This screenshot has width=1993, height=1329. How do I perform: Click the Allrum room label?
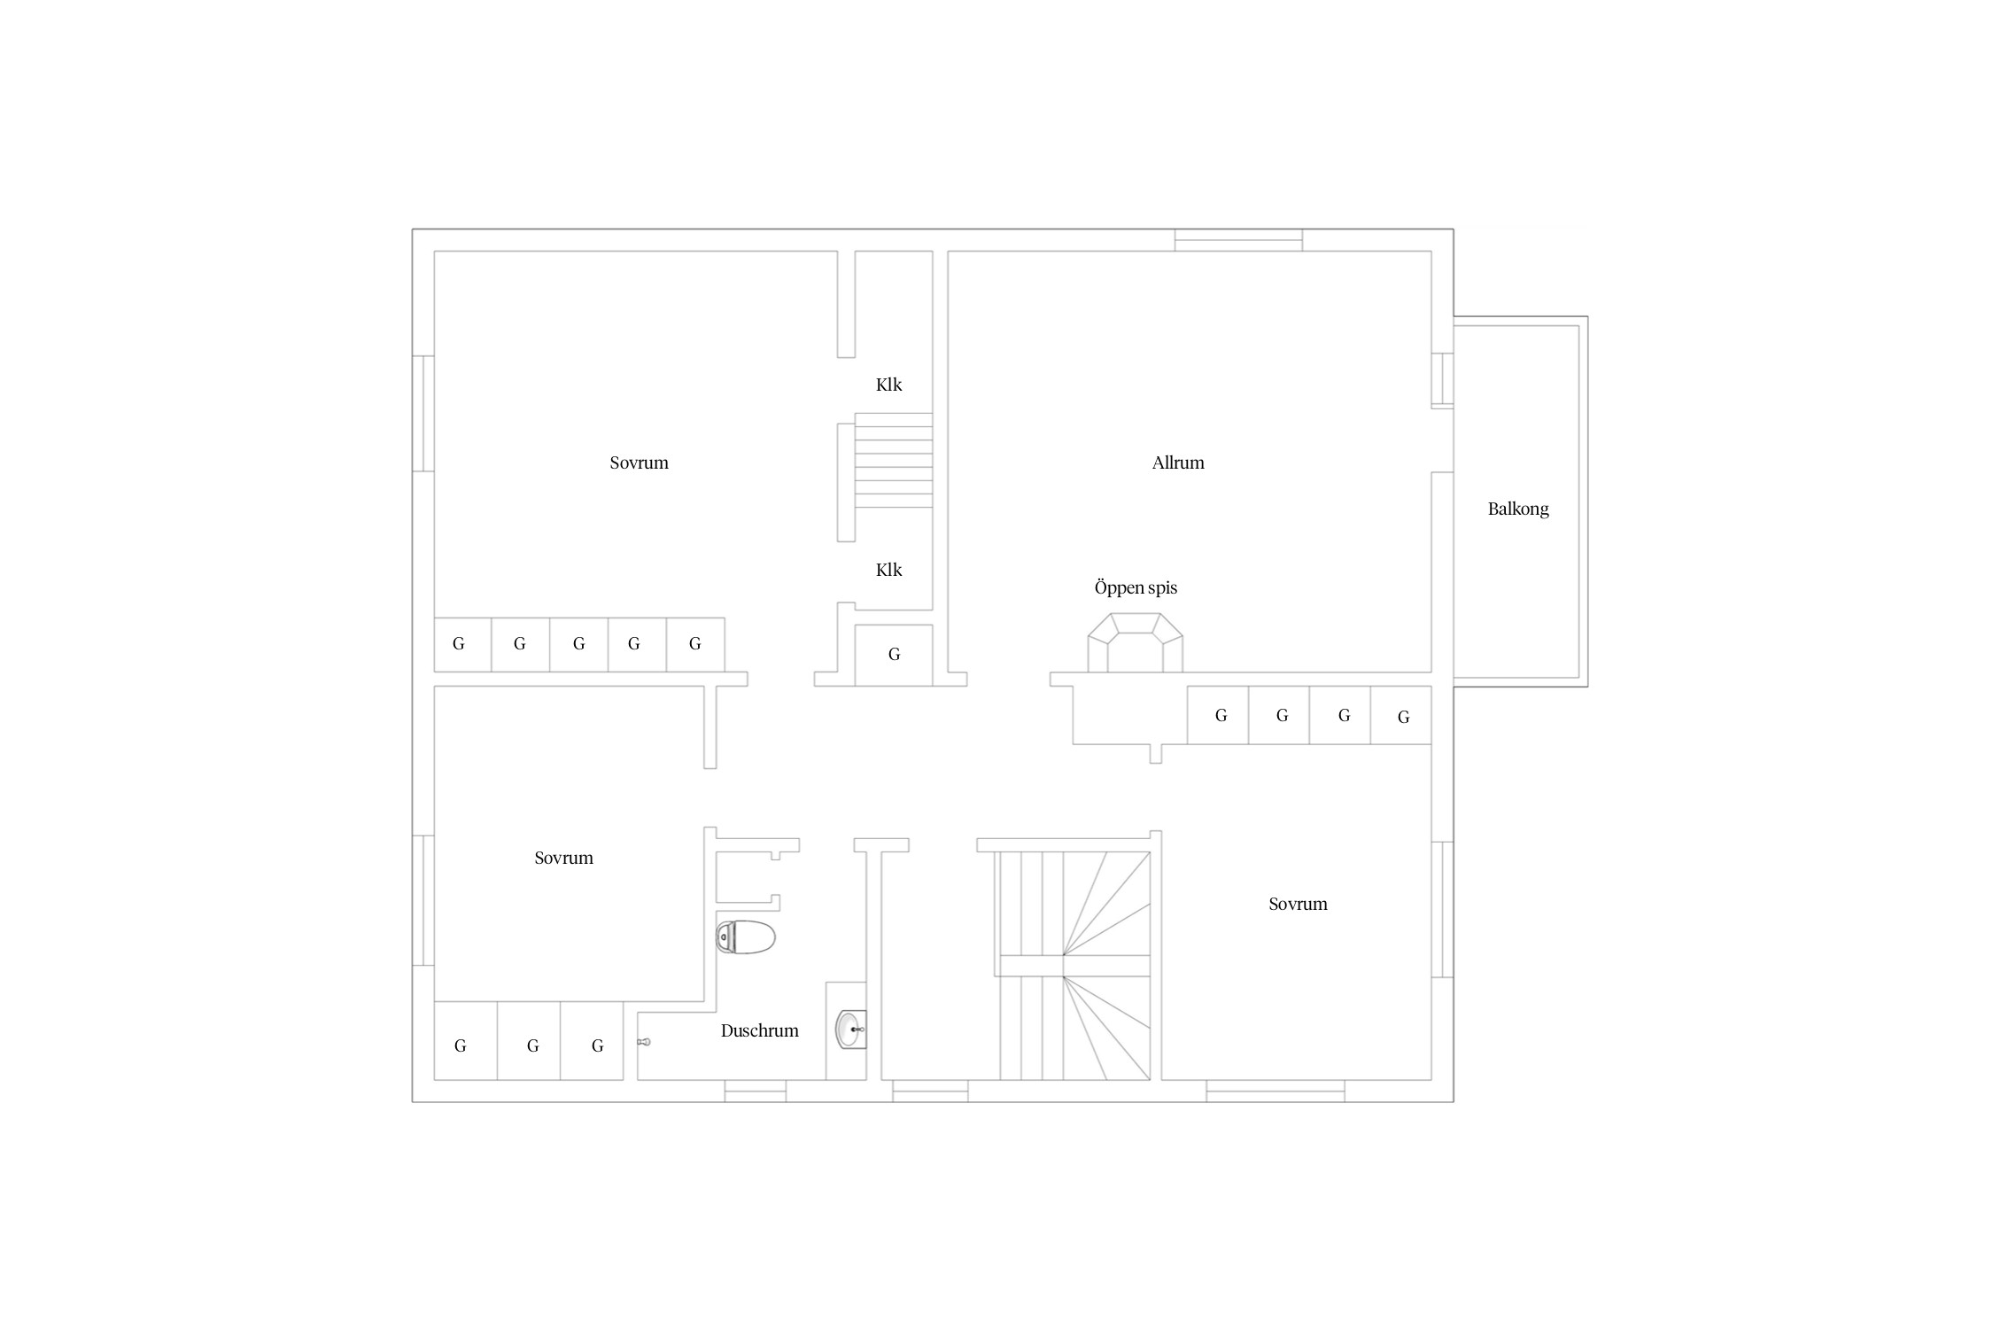pos(1178,462)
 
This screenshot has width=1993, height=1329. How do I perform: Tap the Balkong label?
pos(1518,509)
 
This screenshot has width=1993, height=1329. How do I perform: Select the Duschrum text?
pos(759,1030)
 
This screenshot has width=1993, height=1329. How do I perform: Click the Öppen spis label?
pos(1136,587)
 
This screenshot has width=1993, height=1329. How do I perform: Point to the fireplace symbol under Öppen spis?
pos(1135,642)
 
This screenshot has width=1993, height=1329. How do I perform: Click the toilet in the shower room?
pos(745,937)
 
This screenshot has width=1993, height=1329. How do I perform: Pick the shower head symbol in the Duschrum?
pos(644,1042)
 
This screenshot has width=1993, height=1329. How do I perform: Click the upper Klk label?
pos(888,385)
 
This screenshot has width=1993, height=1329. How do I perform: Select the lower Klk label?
pos(888,570)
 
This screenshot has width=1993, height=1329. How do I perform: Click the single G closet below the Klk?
pos(894,655)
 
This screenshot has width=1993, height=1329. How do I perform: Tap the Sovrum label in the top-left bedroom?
pos(639,462)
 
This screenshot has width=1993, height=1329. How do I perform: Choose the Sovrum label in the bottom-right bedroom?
pos(1298,904)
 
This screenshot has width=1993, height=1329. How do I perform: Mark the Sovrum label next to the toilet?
pos(563,858)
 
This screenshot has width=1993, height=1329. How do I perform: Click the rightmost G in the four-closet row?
pos(1403,717)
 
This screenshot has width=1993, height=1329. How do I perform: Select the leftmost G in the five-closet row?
pos(459,644)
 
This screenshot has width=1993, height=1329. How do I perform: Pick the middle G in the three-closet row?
pos(532,1046)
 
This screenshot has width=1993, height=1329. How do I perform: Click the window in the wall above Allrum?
pos(1238,240)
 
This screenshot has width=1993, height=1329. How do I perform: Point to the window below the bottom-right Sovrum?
pos(1276,1092)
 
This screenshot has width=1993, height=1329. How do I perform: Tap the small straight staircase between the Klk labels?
pos(894,461)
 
